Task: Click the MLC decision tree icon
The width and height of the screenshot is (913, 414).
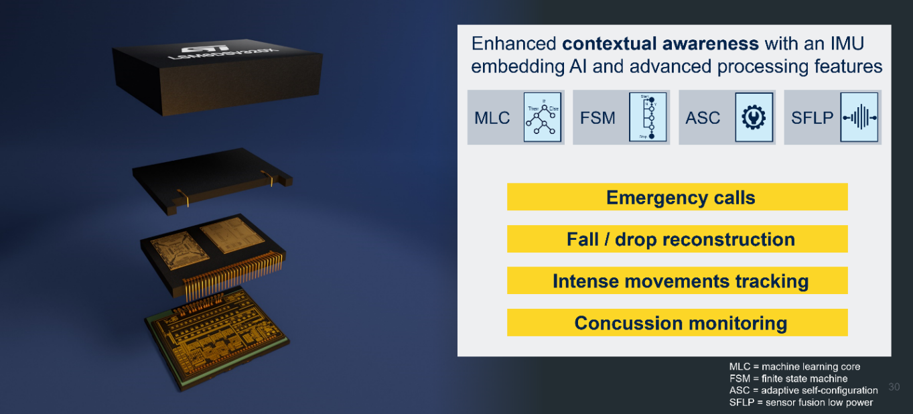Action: click(542, 117)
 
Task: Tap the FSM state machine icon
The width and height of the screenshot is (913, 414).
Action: click(648, 117)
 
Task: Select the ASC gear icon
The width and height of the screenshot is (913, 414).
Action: click(754, 117)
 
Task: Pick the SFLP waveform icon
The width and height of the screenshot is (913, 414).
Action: click(859, 117)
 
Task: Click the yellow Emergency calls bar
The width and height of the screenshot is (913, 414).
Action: click(677, 197)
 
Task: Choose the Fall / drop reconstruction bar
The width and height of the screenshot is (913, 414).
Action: click(677, 239)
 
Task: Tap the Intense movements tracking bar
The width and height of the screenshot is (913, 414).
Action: click(677, 281)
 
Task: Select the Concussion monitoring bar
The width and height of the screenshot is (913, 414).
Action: click(677, 323)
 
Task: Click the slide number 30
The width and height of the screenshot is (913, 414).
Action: click(894, 387)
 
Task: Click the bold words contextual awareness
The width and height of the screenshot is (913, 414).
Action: click(660, 44)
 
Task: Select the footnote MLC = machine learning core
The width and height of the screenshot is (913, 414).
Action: click(794, 366)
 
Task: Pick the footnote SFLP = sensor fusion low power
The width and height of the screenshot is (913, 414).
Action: click(800, 402)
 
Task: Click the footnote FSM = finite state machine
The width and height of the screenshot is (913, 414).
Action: click(790, 378)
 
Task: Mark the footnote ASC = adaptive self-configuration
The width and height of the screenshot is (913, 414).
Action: click(803, 390)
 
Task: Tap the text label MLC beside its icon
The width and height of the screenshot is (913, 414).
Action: click(492, 118)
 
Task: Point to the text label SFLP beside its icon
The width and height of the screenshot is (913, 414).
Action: click(812, 118)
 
